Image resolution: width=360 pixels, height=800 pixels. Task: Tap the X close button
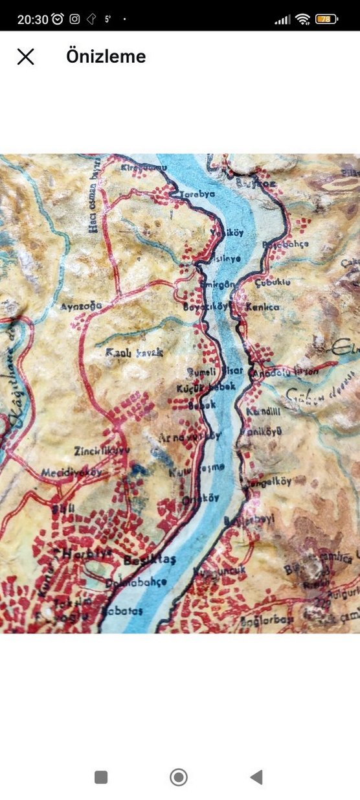[x=25, y=57]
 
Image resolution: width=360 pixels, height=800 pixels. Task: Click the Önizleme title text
[x=106, y=57]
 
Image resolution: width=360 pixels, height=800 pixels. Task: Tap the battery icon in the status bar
[x=326, y=19]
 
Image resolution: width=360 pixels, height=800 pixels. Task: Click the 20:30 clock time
[x=32, y=19]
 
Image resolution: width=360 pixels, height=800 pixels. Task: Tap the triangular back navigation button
[x=256, y=777]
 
